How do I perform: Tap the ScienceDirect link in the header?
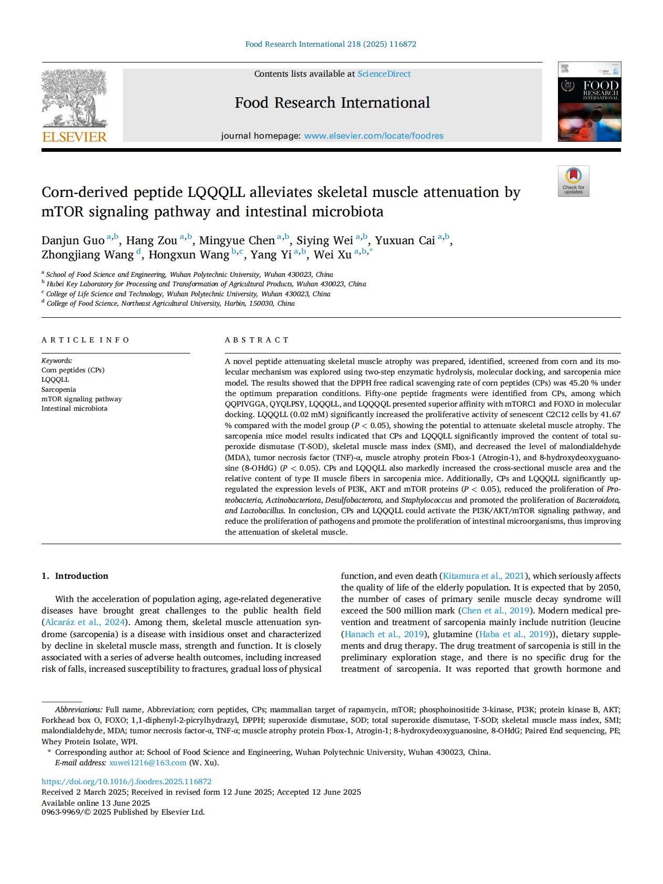coord(384,74)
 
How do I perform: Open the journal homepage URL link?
coord(374,136)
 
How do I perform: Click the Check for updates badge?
coord(573,181)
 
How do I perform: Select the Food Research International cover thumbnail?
coord(589,102)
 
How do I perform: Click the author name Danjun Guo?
coord(73,241)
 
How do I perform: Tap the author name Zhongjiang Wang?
coord(87,255)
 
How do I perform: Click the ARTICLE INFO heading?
coord(85,340)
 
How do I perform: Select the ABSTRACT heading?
coord(256,340)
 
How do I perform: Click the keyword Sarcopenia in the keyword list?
coord(59,389)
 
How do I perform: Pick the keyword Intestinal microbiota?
coord(74,408)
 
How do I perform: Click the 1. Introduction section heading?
coord(75,576)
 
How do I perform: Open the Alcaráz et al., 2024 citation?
coord(85,622)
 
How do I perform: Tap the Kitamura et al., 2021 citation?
coord(483,576)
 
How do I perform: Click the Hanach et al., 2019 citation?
coord(384,634)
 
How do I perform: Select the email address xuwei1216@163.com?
coord(148,763)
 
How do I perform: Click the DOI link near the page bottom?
coord(126,782)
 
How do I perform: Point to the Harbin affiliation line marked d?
coord(170,304)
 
